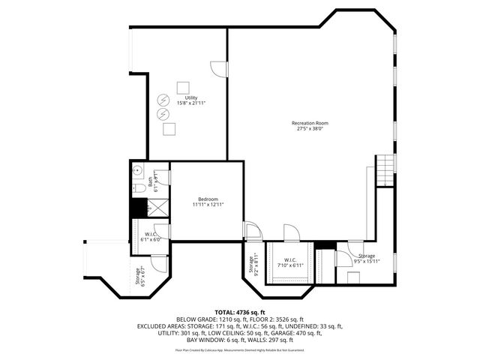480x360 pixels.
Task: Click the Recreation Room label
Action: [x=310, y=123]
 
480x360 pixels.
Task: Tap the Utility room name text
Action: [x=190, y=97]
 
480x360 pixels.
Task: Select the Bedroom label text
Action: [x=208, y=199]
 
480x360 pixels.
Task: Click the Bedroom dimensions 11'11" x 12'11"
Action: [x=208, y=205]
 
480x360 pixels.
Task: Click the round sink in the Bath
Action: [x=137, y=170]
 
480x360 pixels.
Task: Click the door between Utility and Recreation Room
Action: [x=218, y=69]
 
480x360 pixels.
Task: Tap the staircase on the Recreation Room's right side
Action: [x=384, y=170]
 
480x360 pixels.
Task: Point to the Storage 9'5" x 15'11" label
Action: [x=367, y=259]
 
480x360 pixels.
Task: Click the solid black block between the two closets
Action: [x=324, y=244]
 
